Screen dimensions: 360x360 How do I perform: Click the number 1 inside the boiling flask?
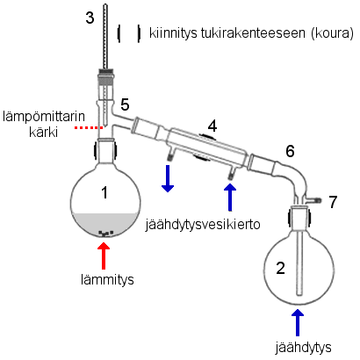pyautogui.click(x=104, y=193)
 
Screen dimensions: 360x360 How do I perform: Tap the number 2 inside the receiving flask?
pyautogui.click(x=280, y=268)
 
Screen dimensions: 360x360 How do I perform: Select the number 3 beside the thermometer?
pyautogui.click(x=90, y=18)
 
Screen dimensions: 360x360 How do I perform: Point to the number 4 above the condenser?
pyautogui.click(x=212, y=126)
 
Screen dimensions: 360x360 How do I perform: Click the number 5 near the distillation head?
pyautogui.click(x=125, y=104)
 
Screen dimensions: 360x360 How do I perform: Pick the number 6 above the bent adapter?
pyautogui.click(x=290, y=151)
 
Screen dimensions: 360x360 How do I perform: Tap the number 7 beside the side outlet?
pyautogui.click(x=333, y=202)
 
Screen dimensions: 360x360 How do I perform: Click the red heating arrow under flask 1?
pyautogui.click(x=104, y=256)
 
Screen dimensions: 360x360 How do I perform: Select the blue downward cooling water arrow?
pyautogui.click(x=168, y=178)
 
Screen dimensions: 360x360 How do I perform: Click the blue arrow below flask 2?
pyautogui.click(x=298, y=322)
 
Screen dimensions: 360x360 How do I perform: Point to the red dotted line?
pyautogui.click(x=89, y=128)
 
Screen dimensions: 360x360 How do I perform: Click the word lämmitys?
pyautogui.click(x=107, y=279)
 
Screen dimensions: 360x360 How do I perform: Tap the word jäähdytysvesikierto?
pyautogui.click(x=203, y=225)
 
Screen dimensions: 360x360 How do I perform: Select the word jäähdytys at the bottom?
pyautogui.click(x=303, y=348)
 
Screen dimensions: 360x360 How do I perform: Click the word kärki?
pyautogui.click(x=43, y=132)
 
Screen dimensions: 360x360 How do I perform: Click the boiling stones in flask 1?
pyautogui.click(x=106, y=234)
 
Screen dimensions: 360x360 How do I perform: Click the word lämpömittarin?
pyautogui.click(x=44, y=117)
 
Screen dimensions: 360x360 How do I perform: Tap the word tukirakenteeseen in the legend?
pyautogui.click(x=253, y=33)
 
